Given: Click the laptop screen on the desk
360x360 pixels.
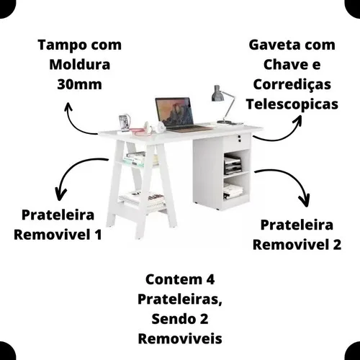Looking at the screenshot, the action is click(x=175, y=112).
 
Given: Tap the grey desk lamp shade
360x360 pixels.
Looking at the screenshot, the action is click(x=217, y=94).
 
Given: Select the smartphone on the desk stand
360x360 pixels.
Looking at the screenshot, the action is click(x=124, y=122).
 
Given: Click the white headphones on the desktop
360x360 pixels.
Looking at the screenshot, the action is click(x=155, y=127).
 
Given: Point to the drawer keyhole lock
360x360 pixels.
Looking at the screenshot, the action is click(x=240, y=138).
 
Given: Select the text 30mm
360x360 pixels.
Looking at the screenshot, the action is click(x=79, y=84).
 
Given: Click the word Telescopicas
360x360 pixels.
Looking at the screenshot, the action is click(x=292, y=104).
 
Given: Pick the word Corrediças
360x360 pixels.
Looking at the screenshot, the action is click(x=292, y=85).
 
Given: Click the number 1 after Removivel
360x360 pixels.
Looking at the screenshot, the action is click(x=98, y=235).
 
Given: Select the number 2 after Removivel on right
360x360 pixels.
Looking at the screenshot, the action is click(x=337, y=245).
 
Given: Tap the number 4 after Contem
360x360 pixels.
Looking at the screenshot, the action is click(x=210, y=279).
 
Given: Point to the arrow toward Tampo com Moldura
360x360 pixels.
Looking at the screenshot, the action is click(x=74, y=123).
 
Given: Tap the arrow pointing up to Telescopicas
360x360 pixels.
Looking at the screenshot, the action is click(x=283, y=137).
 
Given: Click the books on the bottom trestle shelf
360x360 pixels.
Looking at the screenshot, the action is click(x=142, y=199).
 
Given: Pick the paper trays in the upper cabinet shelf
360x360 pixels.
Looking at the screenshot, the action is click(x=233, y=165).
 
